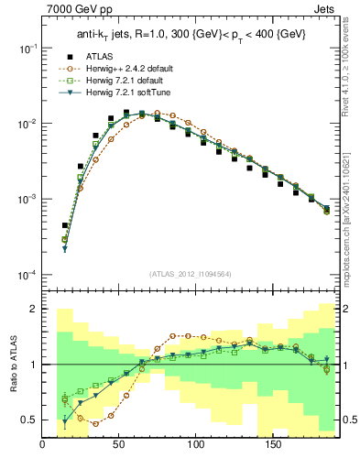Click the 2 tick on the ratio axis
coord(32,310)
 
